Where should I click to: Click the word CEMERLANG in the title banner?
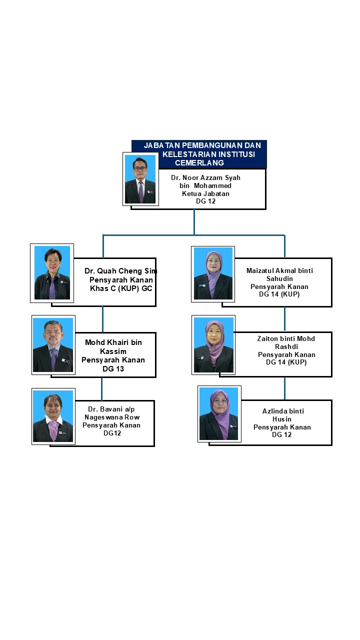(199, 162)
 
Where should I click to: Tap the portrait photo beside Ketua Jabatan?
(140, 179)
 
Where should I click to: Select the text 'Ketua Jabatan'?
(205, 193)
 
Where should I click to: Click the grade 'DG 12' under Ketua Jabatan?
(205, 201)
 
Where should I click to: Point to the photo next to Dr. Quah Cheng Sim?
(52, 273)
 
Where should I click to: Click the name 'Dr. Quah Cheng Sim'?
(121, 271)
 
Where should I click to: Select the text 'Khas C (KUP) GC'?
(121, 288)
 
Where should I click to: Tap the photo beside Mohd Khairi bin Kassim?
(53, 345)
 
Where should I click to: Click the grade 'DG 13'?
(113, 368)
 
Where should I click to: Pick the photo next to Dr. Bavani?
(53, 416)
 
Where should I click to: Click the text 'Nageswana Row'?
(111, 417)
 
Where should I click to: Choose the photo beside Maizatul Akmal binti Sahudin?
(213, 273)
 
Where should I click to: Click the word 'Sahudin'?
(279, 278)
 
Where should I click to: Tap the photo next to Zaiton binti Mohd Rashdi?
(213, 345)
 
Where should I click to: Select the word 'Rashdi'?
(286, 346)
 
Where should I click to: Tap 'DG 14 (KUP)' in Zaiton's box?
(286, 362)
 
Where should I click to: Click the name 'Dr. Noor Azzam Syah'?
(205, 177)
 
